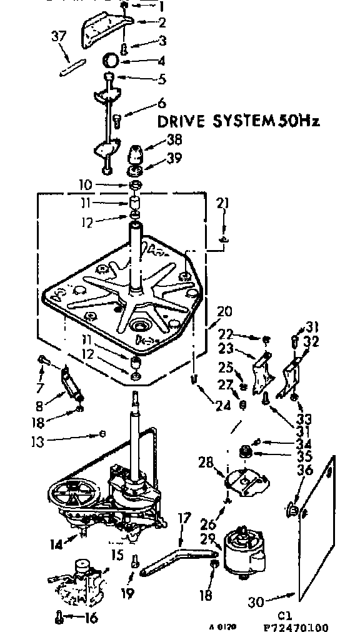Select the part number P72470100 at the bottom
(296, 626)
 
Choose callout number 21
(223, 203)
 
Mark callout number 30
(255, 602)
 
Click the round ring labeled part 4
(112, 61)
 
